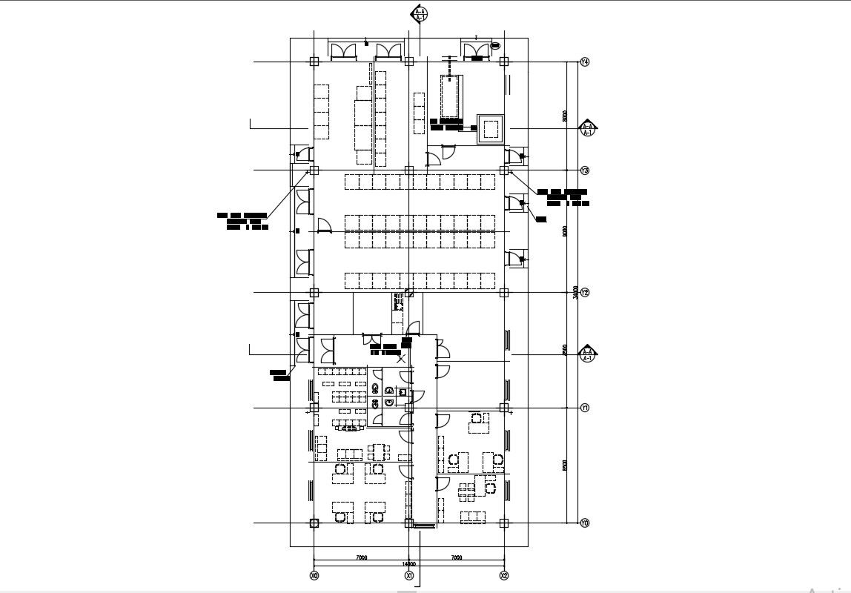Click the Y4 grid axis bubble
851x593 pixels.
pyautogui.click(x=585, y=62)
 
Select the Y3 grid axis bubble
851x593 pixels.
pyautogui.click(x=585, y=170)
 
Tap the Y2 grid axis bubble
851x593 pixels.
pyautogui.click(x=585, y=293)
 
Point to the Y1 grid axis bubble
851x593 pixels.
pyautogui.click(x=585, y=408)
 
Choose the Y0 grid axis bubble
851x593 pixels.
pyautogui.click(x=585, y=523)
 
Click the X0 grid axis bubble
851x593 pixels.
pyautogui.click(x=314, y=575)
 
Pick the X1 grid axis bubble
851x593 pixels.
pyautogui.click(x=408, y=575)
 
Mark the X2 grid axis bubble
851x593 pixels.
pyautogui.click(x=504, y=575)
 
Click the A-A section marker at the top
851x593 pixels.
pyautogui.click(x=420, y=13)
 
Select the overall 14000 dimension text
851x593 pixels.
pyautogui.click(x=408, y=564)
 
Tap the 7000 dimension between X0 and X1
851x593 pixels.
pyautogui.click(x=361, y=557)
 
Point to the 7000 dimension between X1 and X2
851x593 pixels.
pyautogui.click(x=457, y=557)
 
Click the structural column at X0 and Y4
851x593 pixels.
pyautogui.click(x=314, y=62)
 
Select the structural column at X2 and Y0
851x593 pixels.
pyautogui.click(x=504, y=523)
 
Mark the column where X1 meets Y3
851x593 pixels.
pyautogui.click(x=408, y=170)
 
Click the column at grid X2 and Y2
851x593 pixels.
pyautogui.click(x=504, y=293)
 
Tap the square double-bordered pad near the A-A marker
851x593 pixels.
pyautogui.click(x=490, y=130)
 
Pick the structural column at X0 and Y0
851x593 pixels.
pyautogui.click(x=314, y=523)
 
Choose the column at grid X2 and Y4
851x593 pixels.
pyautogui.click(x=504, y=62)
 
